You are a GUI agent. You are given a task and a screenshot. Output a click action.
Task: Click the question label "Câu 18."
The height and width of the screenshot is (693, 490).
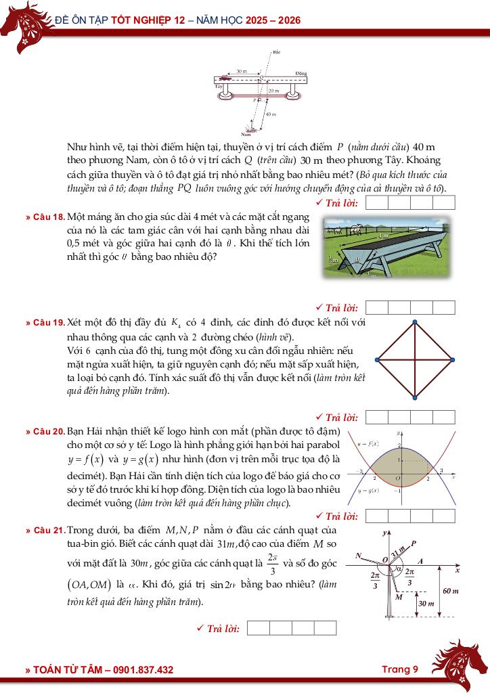coord(49,217)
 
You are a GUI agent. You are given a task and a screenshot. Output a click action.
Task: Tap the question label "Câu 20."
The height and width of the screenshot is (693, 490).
coord(49,431)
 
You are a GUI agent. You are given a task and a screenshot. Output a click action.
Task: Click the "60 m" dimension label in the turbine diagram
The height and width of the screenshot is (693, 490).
coord(451,591)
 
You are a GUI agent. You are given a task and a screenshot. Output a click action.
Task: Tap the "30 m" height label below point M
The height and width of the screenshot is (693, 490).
coord(426,604)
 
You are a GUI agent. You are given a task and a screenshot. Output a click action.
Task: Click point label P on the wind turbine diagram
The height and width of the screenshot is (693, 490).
coord(414,542)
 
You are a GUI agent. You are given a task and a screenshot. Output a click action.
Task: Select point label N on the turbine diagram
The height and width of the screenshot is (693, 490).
coord(359,556)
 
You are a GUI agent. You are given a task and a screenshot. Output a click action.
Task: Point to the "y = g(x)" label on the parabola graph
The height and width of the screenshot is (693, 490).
coord(368,491)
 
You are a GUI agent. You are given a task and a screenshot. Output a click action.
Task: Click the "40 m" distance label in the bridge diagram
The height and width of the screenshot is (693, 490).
coord(271,114)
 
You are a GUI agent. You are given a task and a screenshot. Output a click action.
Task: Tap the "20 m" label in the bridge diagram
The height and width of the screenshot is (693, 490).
coord(273,90)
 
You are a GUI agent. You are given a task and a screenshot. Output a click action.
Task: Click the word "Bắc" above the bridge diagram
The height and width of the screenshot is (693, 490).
coord(276,51)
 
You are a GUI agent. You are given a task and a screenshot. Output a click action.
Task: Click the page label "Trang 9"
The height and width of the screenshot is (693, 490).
coord(399,669)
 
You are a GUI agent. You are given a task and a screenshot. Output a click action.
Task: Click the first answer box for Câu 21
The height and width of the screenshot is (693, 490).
coord(259,628)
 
